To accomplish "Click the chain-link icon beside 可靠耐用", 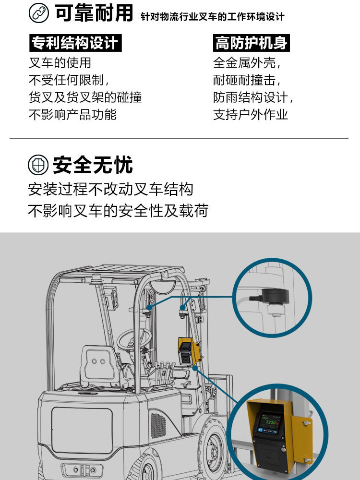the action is point(38,13).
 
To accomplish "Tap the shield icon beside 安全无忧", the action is point(38,165).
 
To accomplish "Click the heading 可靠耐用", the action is point(94,13).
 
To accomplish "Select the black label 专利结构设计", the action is point(75,43).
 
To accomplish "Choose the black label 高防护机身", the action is point(252,43).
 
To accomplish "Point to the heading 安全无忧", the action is point(93,165).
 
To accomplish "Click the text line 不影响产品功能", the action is point(73,115).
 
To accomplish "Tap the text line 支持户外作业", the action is point(251,115).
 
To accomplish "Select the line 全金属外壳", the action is point(247,63).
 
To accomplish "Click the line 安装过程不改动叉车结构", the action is point(110,189).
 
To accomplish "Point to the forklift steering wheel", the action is point(134,338).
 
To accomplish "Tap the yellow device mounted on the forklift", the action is point(190,351).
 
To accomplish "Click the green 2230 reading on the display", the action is point(270,422).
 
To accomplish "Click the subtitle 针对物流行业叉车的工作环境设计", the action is point(213,16).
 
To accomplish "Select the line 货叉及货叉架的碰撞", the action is point(85,97).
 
